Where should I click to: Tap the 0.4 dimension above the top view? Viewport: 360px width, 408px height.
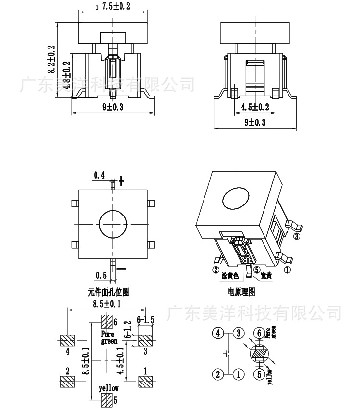point(99,176)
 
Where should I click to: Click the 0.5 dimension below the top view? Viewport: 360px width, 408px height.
point(101,275)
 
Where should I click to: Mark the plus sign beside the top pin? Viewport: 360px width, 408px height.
point(121,181)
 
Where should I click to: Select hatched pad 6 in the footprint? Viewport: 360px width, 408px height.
point(107,321)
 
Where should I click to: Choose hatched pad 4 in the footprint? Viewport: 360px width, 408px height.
point(68,340)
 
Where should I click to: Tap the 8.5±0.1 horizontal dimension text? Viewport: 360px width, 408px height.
point(106,304)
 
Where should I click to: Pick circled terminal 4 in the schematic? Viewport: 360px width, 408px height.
point(218,333)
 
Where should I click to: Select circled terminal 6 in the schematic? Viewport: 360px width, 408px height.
point(259,333)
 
